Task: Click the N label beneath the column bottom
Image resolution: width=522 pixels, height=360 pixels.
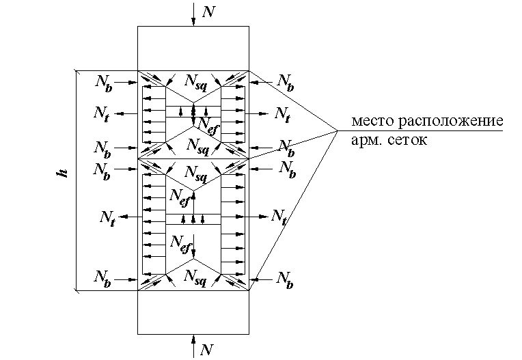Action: [x=206, y=349]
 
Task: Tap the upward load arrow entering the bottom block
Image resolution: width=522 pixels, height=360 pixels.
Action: [x=193, y=346]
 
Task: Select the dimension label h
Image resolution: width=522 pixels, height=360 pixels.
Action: [x=63, y=173]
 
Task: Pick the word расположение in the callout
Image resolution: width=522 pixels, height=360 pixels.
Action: [x=451, y=121]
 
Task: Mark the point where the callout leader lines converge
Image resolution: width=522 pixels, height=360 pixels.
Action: [x=338, y=130]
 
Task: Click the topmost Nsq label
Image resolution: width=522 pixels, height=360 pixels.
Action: [x=195, y=82]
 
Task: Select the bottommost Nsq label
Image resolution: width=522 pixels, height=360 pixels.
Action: [x=195, y=277]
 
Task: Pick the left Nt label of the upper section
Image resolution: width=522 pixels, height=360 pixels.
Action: [x=101, y=114]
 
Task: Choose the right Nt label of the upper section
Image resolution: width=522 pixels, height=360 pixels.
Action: [x=283, y=114]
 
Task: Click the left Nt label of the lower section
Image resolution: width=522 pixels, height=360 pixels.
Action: [x=107, y=219]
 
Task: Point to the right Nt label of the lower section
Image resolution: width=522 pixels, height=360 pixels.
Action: [x=279, y=217]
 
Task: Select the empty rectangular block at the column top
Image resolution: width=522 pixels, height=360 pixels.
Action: [x=193, y=49]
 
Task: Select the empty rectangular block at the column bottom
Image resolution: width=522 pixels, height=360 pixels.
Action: [x=193, y=312]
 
